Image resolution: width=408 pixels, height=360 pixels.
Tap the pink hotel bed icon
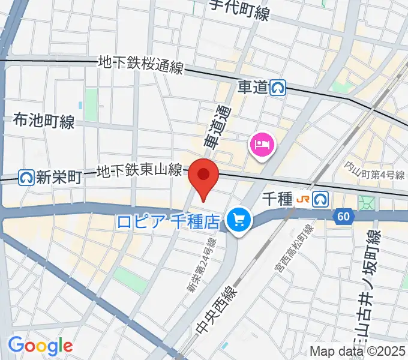point(262,145)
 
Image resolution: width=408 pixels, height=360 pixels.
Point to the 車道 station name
point(252,88)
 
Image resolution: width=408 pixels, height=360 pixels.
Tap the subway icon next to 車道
point(278,88)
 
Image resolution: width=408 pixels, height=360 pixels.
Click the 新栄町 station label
point(58,178)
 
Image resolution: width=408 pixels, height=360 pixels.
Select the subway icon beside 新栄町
point(26,178)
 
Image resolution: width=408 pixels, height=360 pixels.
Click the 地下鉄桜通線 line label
point(140,64)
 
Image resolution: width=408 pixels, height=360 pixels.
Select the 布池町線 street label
point(43,122)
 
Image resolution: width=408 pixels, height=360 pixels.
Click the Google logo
point(40,345)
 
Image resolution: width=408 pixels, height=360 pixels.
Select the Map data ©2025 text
point(358,352)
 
